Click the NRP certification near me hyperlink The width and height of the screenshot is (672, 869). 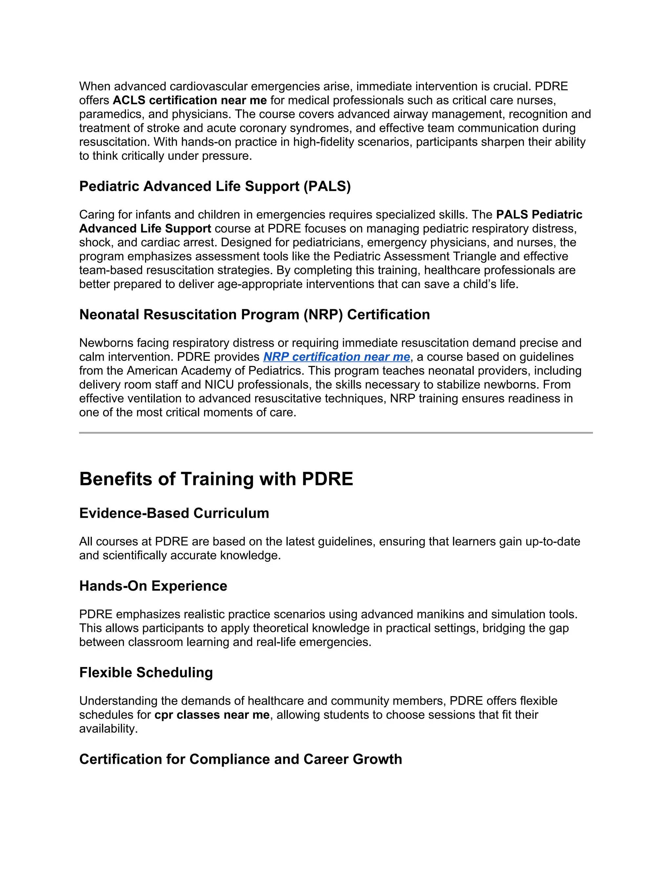(336, 356)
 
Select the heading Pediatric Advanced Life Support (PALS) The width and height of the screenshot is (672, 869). (215, 186)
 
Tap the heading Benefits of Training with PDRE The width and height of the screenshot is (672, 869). (216, 479)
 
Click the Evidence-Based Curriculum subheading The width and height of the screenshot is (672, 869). (174, 513)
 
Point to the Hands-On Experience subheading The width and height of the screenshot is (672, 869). (153, 586)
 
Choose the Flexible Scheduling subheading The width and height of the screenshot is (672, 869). (146, 673)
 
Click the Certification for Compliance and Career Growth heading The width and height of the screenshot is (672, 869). (241, 759)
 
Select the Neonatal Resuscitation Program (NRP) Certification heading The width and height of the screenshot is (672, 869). (254, 314)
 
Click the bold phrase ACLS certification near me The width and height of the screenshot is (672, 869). (190, 100)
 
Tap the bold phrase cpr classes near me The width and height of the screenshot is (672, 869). (212, 715)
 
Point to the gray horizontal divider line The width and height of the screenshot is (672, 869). (336, 433)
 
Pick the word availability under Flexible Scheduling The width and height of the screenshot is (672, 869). (108, 729)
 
